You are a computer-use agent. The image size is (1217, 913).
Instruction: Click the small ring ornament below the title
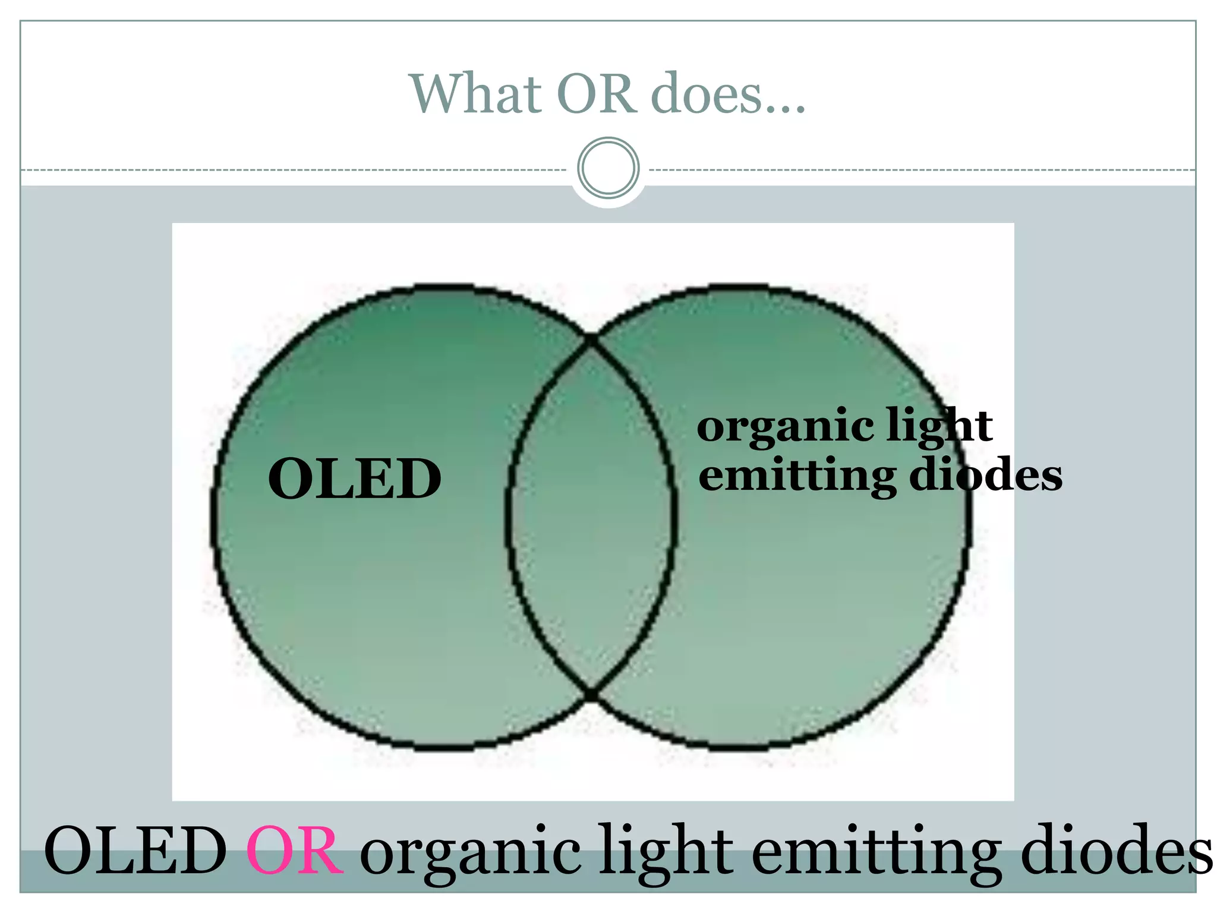(x=608, y=168)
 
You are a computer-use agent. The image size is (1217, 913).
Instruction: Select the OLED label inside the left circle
(x=355, y=478)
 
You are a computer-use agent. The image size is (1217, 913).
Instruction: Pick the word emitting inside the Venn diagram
(x=796, y=476)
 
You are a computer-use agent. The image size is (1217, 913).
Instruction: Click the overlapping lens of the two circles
(x=591, y=517)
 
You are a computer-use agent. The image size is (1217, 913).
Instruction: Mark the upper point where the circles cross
(x=591, y=341)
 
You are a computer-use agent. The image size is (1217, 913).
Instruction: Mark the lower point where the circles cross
(x=591, y=694)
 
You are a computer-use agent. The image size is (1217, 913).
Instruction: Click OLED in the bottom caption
(x=135, y=851)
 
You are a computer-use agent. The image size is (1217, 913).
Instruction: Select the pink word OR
(x=294, y=851)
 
